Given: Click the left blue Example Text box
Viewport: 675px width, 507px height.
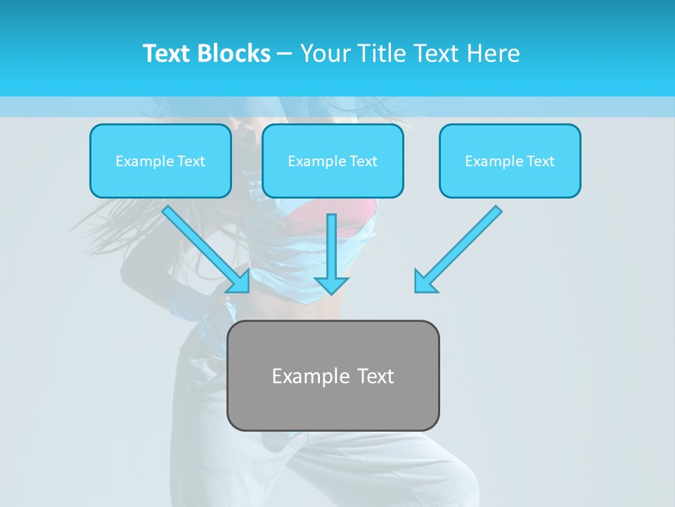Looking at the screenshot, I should (x=160, y=161).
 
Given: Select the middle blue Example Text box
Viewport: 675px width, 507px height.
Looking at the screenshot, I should (x=333, y=161).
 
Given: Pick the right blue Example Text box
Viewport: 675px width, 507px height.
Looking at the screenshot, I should (x=510, y=161).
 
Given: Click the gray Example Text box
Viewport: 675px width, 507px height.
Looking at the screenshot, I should (x=333, y=375).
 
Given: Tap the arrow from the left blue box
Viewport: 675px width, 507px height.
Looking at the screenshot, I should (x=200, y=244).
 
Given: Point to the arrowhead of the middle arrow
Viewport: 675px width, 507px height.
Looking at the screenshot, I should (x=332, y=284).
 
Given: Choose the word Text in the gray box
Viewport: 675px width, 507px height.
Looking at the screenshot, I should (x=375, y=376).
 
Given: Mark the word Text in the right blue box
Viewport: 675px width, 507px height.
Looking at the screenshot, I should (x=540, y=161).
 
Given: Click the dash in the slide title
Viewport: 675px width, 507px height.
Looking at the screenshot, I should (x=285, y=54).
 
